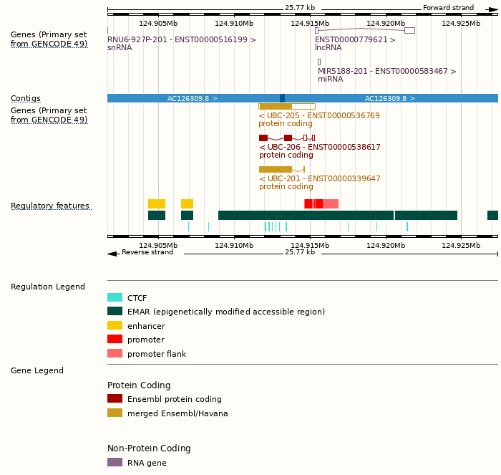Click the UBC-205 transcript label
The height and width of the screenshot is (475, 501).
pyautogui.click(x=319, y=116)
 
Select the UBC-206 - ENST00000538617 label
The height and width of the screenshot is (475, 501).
pyautogui.click(x=319, y=147)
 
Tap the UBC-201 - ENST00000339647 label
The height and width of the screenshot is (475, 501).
pyautogui.click(x=319, y=178)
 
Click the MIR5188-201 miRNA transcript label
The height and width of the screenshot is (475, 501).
pyautogui.click(x=386, y=72)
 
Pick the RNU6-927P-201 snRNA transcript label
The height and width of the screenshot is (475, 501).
pyautogui.click(x=181, y=40)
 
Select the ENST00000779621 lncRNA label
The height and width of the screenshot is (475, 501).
pyautogui.click(x=355, y=40)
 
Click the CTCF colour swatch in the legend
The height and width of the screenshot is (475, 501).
pyautogui.click(x=115, y=298)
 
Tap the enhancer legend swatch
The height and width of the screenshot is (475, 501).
pyautogui.click(x=115, y=326)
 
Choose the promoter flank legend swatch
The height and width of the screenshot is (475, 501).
pyautogui.click(x=115, y=353)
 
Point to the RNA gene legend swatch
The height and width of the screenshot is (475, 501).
pyautogui.click(x=115, y=462)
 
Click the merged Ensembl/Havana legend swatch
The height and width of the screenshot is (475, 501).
pyautogui.click(x=115, y=413)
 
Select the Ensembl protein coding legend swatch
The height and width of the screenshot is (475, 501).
pyautogui.click(x=115, y=399)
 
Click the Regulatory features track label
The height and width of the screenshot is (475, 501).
pyautogui.click(x=50, y=206)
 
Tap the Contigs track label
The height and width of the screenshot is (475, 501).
pyautogui.click(x=26, y=99)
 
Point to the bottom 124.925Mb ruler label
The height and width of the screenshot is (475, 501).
pyautogui.click(x=461, y=246)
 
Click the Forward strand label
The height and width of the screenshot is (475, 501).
pyautogui.click(x=448, y=8)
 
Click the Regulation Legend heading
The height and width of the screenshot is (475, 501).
pyautogui.click(x=48, y=287)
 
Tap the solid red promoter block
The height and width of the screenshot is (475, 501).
pyautogui.click(x=313, y=203)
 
